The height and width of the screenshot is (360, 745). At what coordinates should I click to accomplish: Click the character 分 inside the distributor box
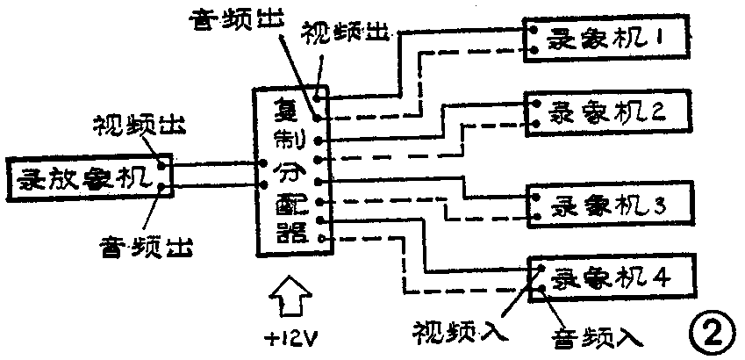tap(287, 171)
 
